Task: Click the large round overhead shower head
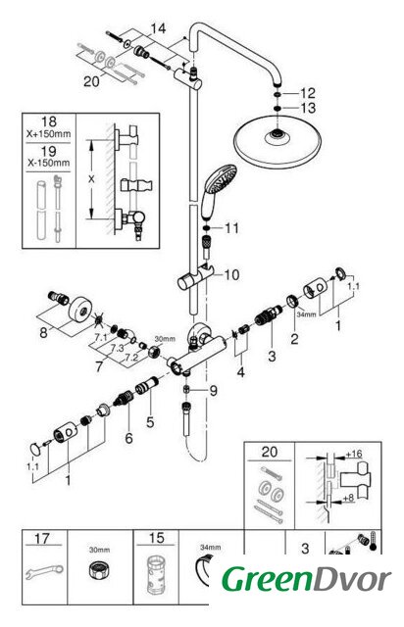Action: coord(277,141)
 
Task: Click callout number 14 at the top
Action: coord(158,28)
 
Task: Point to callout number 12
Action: coord(308,93)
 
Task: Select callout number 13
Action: coord(308,108)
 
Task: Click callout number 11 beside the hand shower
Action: coord(231,228)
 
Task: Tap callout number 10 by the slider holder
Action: coord(231,274)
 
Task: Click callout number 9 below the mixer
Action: coord(213,391)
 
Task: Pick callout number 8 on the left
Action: coord(43,332)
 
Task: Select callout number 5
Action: coord(150,422)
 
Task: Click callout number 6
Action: coord(128,438)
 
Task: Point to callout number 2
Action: coord(294,339)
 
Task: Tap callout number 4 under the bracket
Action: coord(240,372)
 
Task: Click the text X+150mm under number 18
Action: coord(48,134)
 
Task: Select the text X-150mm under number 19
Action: coord(48,163)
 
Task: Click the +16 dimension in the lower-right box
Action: coord(354,454)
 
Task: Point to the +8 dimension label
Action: coord(348,499)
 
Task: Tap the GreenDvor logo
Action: coord(306,579)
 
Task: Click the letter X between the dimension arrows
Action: coord(92,179)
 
